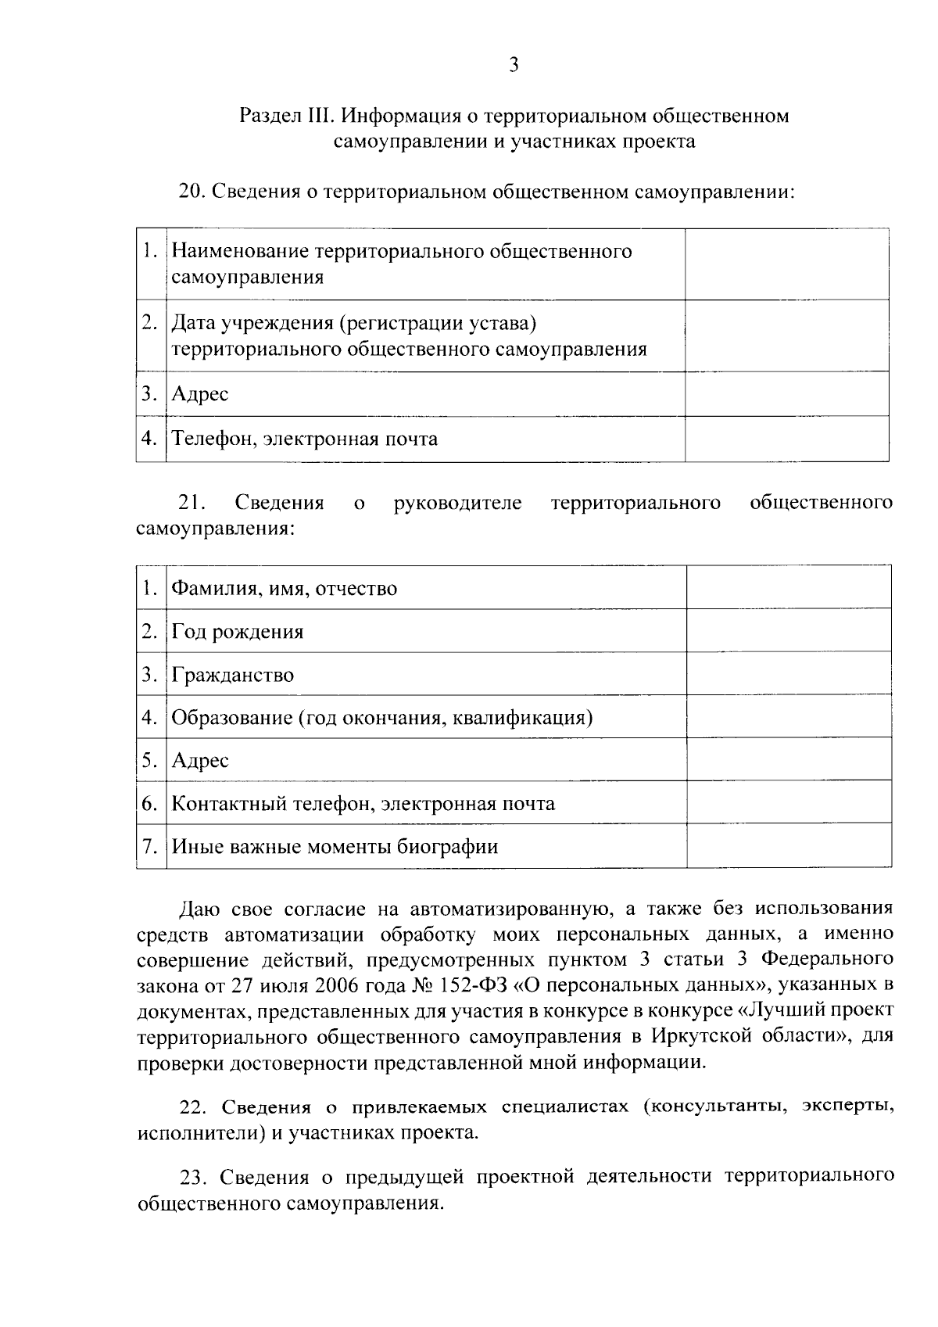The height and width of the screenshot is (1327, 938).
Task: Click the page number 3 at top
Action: [514, 66]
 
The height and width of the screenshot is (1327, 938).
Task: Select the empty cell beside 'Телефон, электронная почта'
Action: [786, 439]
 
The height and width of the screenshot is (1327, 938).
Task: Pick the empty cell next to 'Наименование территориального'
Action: [786, 264]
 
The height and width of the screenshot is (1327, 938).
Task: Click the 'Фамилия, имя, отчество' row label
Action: [285, 588]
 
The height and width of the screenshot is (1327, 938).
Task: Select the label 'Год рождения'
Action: [238, 631]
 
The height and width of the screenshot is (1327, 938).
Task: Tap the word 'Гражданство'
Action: [233, 675]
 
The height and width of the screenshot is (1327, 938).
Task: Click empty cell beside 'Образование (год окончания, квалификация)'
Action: [788, 717]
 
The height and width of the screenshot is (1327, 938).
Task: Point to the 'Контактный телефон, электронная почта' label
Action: [363, 804]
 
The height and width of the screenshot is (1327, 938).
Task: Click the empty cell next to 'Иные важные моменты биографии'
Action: [788, 846]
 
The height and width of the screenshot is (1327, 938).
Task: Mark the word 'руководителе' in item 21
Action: [458, 502]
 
